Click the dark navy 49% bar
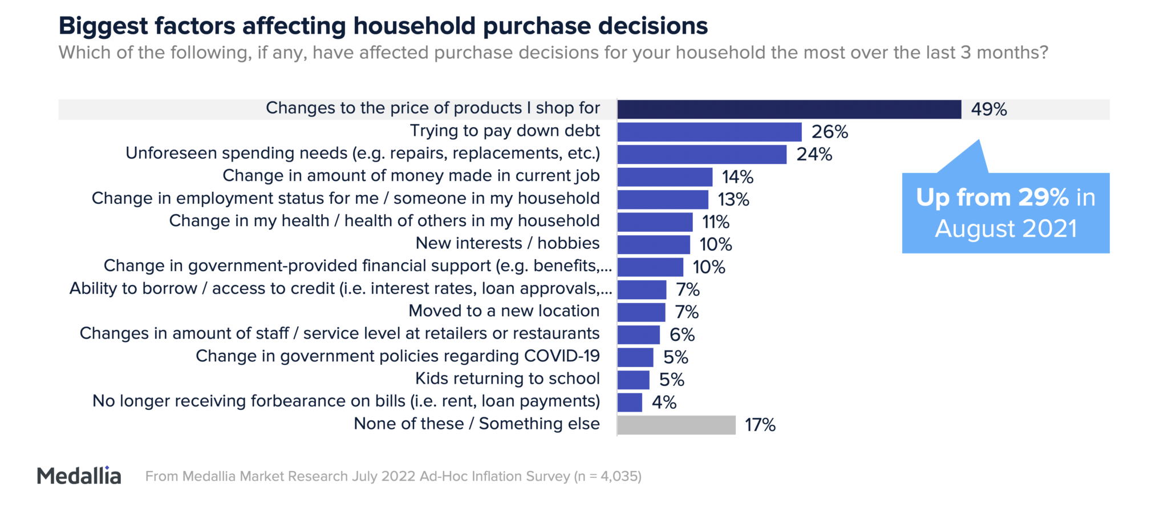(x=789, y=109)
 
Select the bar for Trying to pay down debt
(x=709, y=132)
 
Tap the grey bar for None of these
(x=676, y=425)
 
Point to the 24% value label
(x=814, y=154)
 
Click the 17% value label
(x=760, y=425)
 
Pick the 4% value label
(x=664, y=403)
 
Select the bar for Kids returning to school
(x=633, y=380)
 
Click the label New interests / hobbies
(x=507, y=243)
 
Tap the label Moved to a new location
(x=504, y=311)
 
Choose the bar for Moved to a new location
(x=641, y=312)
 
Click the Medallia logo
(x=79, y=476)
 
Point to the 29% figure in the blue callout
(x=1043, y=198)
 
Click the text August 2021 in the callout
(x=1005, y=229)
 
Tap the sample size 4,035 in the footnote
(x=617, y=476)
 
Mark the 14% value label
(x=737, y=177)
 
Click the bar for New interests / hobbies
(x=653, y=244)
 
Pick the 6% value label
(x=682, y=335)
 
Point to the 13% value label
(x=733, y=199)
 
